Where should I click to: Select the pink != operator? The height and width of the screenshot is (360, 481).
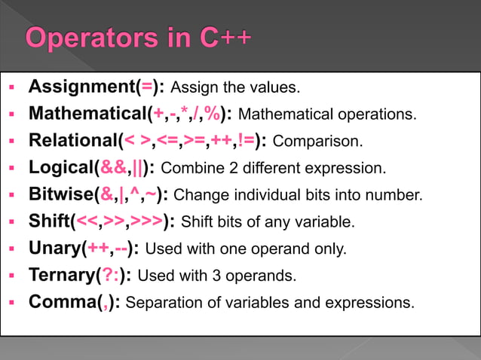tap(246, 140)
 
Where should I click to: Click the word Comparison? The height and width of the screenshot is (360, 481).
tap(317, 141)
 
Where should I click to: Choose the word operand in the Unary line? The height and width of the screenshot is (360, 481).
tap(274, 249)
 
